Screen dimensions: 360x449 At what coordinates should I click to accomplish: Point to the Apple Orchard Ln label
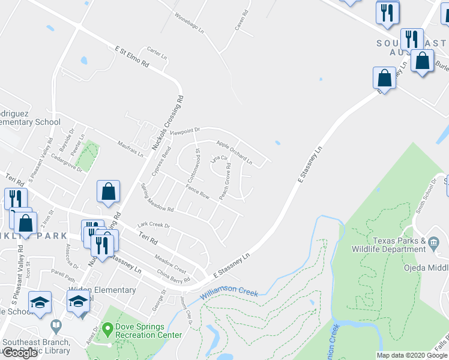point(234,152)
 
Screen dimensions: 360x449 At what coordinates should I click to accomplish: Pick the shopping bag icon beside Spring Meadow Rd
point(108,191)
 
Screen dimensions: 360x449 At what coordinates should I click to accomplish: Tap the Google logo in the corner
point(20,353)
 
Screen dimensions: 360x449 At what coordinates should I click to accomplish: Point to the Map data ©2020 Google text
point(412,355)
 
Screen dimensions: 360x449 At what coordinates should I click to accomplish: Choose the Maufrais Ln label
point(130,148)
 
